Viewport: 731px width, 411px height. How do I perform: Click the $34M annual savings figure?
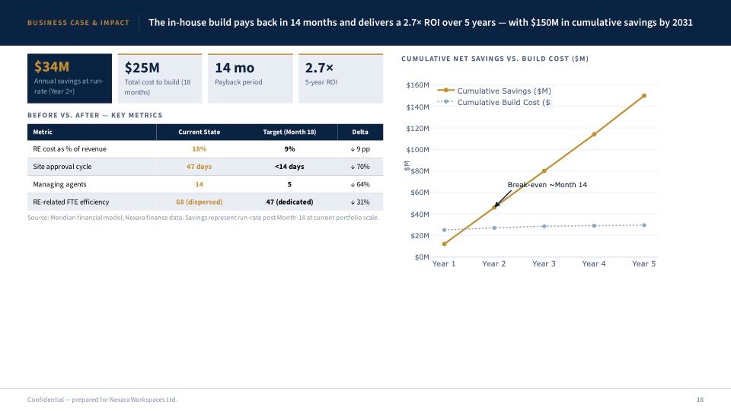click(52, 67)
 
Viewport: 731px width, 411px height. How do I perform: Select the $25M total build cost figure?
click(142, 68)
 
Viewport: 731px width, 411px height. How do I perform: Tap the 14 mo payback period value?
click(235, 68)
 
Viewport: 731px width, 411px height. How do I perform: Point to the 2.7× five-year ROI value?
click(319, 68)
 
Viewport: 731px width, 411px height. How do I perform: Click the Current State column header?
click(199, 132)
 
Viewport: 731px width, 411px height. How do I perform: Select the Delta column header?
click(360, 132)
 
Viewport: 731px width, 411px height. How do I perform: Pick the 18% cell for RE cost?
click(199, 149)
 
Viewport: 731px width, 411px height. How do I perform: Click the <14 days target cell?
click(289, 167)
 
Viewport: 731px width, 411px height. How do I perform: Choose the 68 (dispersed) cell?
click(199, 202)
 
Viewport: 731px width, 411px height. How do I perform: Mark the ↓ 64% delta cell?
click(360, 184)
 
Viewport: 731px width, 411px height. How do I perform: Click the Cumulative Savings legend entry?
click(494, 91)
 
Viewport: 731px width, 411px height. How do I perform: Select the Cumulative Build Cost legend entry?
click(494, 102)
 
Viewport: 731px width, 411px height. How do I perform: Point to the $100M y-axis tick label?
click(418, 150)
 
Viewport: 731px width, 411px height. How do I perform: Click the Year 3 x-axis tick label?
click(544, 264)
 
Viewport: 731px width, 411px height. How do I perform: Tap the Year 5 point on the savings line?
click(644, 96)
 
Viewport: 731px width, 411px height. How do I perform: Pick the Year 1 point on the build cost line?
click(444, 230)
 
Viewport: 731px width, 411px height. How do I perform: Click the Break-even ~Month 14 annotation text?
click(547, 185)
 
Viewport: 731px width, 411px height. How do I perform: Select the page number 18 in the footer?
click(701, 400)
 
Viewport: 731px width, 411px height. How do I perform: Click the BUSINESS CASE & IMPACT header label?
click(78, 23)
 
